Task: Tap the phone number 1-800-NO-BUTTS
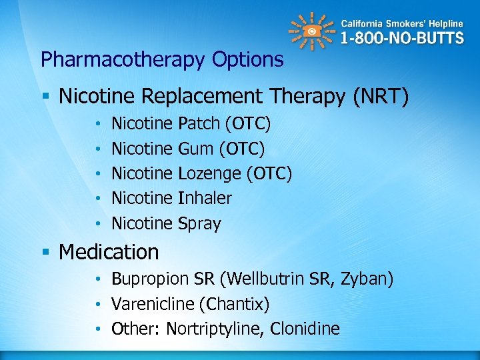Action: click(x=402, y=38)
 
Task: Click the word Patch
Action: click(x=199, y=123)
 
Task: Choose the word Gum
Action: click(x=195, y=149)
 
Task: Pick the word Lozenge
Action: click(x=210, y=173)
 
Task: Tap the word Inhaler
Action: click(x=205, y=198)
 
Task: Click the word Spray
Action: click(x=199, y=223)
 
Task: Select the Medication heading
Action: click(x=109, y=252)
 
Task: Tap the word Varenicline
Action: click(x=153, y=304)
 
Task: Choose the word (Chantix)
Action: click(x=234, y=304)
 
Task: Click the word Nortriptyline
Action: click(x=214, y=329)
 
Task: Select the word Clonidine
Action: click(x=306, y=329)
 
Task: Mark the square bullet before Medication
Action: click(x=45, y=253)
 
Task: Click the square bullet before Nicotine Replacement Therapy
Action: click(x=45, y=97)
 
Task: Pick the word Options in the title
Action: click(x=247, y=60)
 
